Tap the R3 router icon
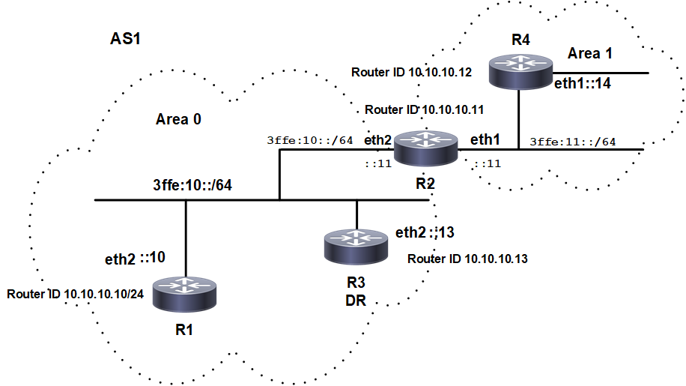[x=356, y=245]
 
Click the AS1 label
[x=126, y=39]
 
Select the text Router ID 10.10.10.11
[x=424, y=109]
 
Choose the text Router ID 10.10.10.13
[x=468, y=259]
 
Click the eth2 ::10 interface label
[x=136, y=259]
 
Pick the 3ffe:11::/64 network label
[x=573, y=141]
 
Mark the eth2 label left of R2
[x=377, y=140]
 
